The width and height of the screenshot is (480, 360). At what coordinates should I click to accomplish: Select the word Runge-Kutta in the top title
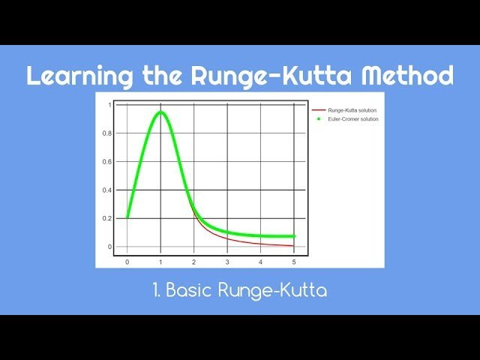click(x=261, y=76)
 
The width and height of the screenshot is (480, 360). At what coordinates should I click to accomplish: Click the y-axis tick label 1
click(x=109, y=105)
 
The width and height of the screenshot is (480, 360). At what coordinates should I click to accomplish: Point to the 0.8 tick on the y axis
click(x=107, y=133)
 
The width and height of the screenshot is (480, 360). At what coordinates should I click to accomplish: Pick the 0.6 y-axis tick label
click(x=107, y=162)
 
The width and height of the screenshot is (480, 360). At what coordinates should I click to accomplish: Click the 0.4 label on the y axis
click(x=107, y=190)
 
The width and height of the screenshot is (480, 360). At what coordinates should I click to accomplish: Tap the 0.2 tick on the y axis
click(x=107, y=218)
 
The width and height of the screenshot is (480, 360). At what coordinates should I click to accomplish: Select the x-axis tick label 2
click(x=193, y=262)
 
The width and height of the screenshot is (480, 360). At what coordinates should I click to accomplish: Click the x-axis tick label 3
click(x=227, y=262)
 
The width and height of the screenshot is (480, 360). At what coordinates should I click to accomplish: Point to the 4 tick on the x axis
click(x=260, y=262)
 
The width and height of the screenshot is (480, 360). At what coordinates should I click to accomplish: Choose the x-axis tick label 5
click(x=294, y=262)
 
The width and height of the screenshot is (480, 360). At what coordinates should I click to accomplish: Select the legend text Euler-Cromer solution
click(x=353, y=118)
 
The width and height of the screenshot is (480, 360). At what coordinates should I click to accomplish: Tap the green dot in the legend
click(x=319, y=118)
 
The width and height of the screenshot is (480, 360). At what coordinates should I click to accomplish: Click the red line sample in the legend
click(x=319, y=110)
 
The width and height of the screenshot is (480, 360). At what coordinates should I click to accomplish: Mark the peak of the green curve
click(x=160, y=113)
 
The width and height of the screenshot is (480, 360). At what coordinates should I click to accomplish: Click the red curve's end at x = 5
click(x=294, y=245)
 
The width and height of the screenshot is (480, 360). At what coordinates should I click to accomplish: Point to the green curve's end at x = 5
click(x=293, y=236)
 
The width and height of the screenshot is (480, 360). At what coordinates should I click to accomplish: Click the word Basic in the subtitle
click(x=187, y=290)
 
